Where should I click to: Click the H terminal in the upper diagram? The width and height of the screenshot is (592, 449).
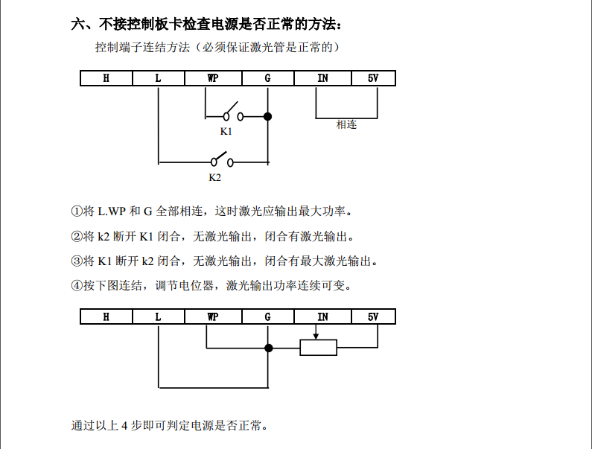click(x=106, y=78)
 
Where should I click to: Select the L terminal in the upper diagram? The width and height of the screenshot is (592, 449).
click(x=158, y=78)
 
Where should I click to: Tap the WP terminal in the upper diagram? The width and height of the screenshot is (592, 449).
click(x=213, y=78)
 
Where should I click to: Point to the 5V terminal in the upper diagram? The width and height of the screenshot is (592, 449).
click(x=373, y=78)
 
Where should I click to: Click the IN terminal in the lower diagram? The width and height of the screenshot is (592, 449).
click(x=322, y=316)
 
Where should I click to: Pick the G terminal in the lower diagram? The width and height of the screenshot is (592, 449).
click(x=267, y=316)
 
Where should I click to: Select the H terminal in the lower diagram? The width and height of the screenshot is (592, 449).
click(x=106, y=316)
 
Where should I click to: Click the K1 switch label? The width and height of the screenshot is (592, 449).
click(x=226, y=131)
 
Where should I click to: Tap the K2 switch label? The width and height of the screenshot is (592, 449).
click(x=214, y=177)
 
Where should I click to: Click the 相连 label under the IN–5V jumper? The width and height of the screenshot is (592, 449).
click(x=346, y=124)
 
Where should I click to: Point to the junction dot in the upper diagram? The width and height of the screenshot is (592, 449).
click(x=267, y=116)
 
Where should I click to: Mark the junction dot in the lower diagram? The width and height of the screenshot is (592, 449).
click(x=268, y=348)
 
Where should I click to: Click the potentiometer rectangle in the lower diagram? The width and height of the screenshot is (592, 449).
click(x=318, y=348)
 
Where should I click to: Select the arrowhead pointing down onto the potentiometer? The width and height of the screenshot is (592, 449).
click(x=316, y=336)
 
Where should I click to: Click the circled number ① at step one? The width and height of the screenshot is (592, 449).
click(x=77, y=211)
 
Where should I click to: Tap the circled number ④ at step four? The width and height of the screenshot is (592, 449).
click(x=77, y=285)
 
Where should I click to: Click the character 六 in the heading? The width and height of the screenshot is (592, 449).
click(x=78, y=24)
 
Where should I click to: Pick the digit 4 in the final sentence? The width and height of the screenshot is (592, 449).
click(x=124, y=426)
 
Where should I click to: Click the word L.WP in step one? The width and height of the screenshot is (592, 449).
click(x=112, y=211)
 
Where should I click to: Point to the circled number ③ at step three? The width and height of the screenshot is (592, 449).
click(x=77, y=261)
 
